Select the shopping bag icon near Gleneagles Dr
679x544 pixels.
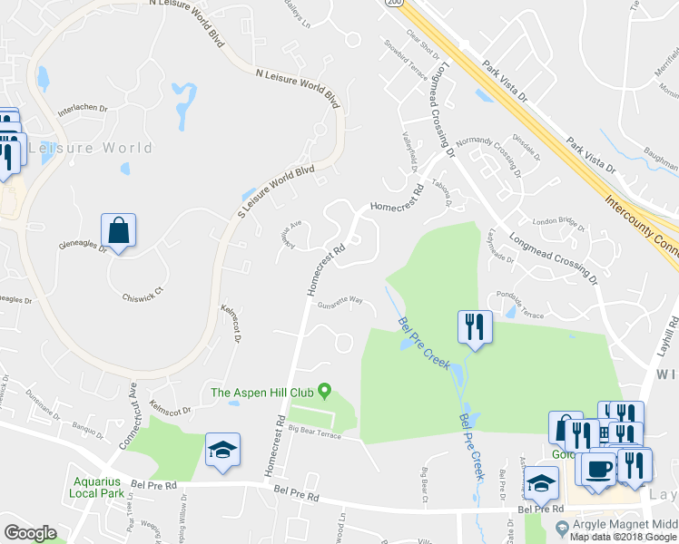119,230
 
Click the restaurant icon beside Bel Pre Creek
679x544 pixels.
475,326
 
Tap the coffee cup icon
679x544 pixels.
598,470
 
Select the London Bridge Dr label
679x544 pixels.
556,221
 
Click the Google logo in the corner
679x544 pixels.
29,532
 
